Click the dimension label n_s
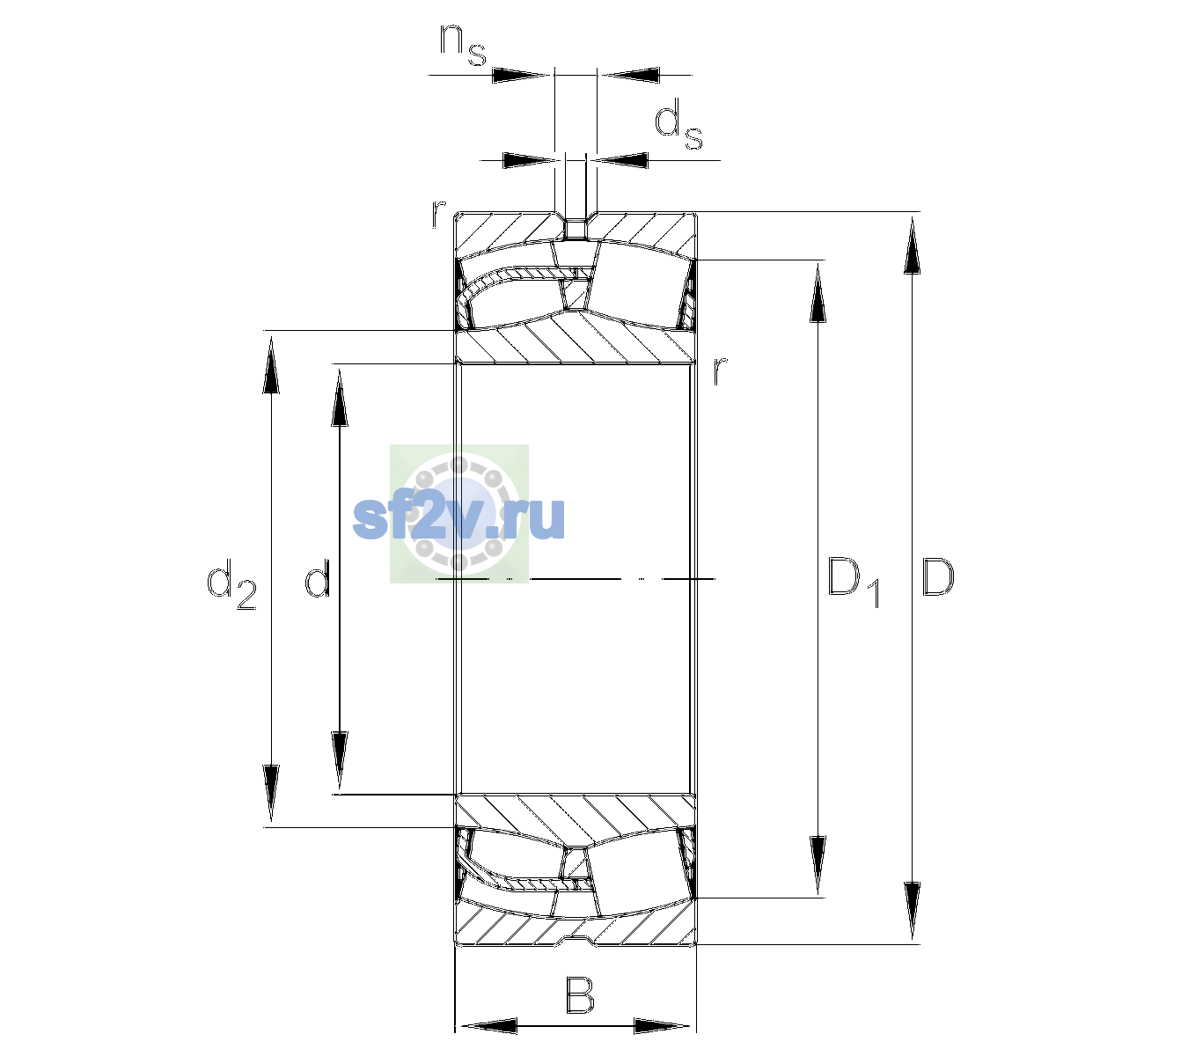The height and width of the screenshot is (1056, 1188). [x=463, y=47]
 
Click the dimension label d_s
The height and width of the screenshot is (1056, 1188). [x=678, y=124]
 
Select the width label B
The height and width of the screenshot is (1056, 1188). [x=580, y=995]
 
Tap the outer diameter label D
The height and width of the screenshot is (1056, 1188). [x=938, y=577]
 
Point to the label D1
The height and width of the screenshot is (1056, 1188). [x=854, y=582]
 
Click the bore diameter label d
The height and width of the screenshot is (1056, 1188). [x=317, y=577]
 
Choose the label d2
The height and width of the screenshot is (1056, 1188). [x=231, y=583]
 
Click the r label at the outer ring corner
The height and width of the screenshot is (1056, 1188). [x=438, y=214]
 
